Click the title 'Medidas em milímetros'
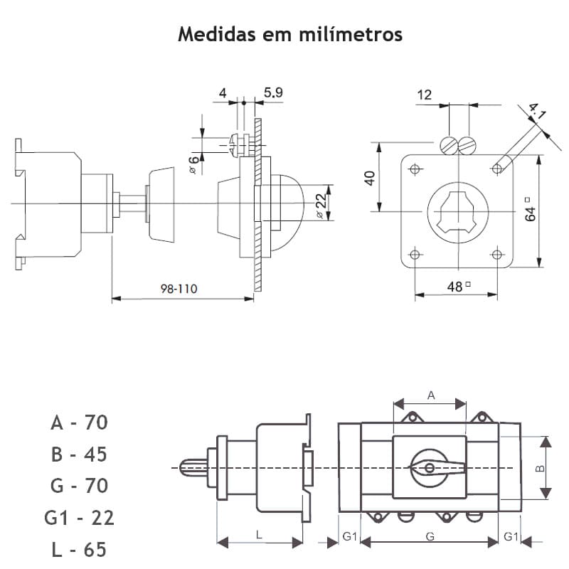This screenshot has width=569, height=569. [289, 34]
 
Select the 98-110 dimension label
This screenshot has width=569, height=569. [179, 289]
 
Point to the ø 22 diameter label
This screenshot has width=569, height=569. [321, 204]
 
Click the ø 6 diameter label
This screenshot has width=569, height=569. [193, 166]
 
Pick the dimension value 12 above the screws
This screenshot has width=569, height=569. [425, 95]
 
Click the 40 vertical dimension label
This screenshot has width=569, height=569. [369, 177]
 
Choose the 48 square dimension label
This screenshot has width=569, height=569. [457, 286]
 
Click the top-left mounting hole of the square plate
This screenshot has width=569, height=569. [415, 169]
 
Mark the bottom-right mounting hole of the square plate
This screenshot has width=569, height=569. [496, 254]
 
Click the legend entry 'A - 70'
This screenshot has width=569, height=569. [79, 422]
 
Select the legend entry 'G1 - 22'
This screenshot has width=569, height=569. [79, 518]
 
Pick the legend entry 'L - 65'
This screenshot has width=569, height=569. [79, 550]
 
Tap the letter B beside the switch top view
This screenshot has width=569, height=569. [539, 469]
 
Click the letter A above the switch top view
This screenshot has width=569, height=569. [430, 394]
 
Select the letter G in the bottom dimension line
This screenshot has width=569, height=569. [430, 536]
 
